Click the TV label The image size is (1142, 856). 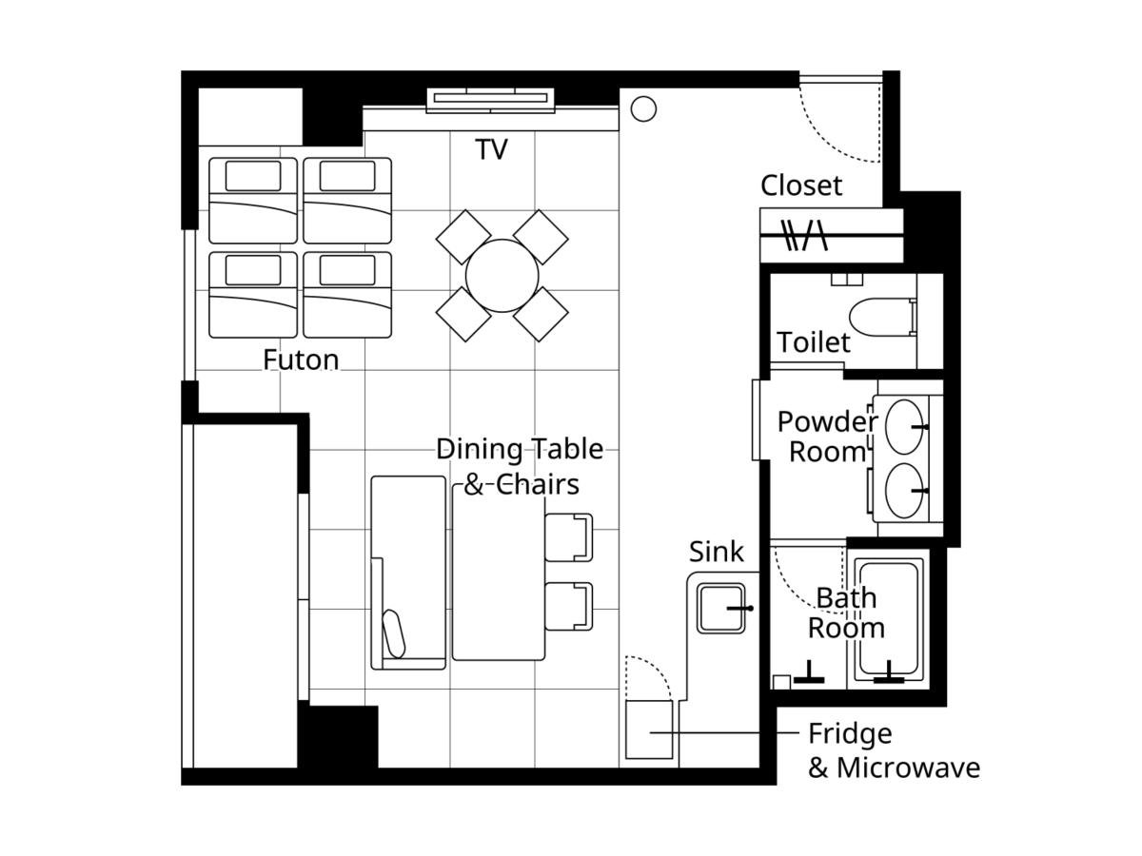point(491,149)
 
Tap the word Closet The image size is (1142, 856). point(800,185)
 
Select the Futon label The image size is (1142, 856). point(301,360)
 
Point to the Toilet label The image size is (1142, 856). point(814,342)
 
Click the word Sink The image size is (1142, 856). point(717,552)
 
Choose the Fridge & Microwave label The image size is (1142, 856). point(894,751)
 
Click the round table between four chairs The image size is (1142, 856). point(502,276)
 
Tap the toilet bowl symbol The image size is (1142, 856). point(882,317)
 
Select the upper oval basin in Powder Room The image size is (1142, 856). point(904,427)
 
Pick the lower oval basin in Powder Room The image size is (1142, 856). point(904,491)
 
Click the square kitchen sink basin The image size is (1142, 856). point(721,608)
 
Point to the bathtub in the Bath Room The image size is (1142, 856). point(889,619)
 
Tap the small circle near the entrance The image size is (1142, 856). point(643,109)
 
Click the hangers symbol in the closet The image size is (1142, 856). point(805,235)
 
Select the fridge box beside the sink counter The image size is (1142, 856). point(649,730)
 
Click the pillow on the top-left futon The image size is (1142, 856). point(253,176)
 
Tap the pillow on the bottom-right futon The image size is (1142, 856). point(347,270)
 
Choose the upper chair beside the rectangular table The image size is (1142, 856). point(569,537)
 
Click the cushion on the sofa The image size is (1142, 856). point(394,633)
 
